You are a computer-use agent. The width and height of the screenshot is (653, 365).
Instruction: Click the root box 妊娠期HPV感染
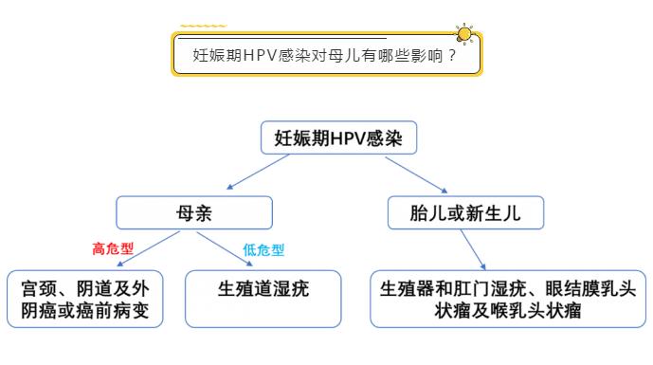pyautogui.click(x=338, y=138)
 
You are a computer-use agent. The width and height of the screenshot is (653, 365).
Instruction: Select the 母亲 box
pyautogui.click(x=193, y=213)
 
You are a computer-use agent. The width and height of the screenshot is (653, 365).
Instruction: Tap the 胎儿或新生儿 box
pyautogui.click(x=467, y=213)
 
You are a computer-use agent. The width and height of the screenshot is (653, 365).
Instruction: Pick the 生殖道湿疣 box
pyautogui.click(x=263, y=289)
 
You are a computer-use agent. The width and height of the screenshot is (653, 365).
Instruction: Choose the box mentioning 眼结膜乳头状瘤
pyautogui.click(x=508, y=299)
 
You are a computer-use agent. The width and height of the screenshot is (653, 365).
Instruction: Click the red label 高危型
pyautogui.click(x=113, y=249)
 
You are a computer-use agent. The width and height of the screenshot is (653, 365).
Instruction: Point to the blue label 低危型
pyautogui.click(x=263, y=250)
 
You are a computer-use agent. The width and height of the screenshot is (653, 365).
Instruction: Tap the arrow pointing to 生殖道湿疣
pyautogui.click(x=228, y=249)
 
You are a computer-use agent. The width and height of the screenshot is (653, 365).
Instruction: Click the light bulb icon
pyautogui.click(x=464, y=35)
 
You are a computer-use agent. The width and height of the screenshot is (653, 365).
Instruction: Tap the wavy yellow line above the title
pyautogui.click(x=203, y=26)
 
